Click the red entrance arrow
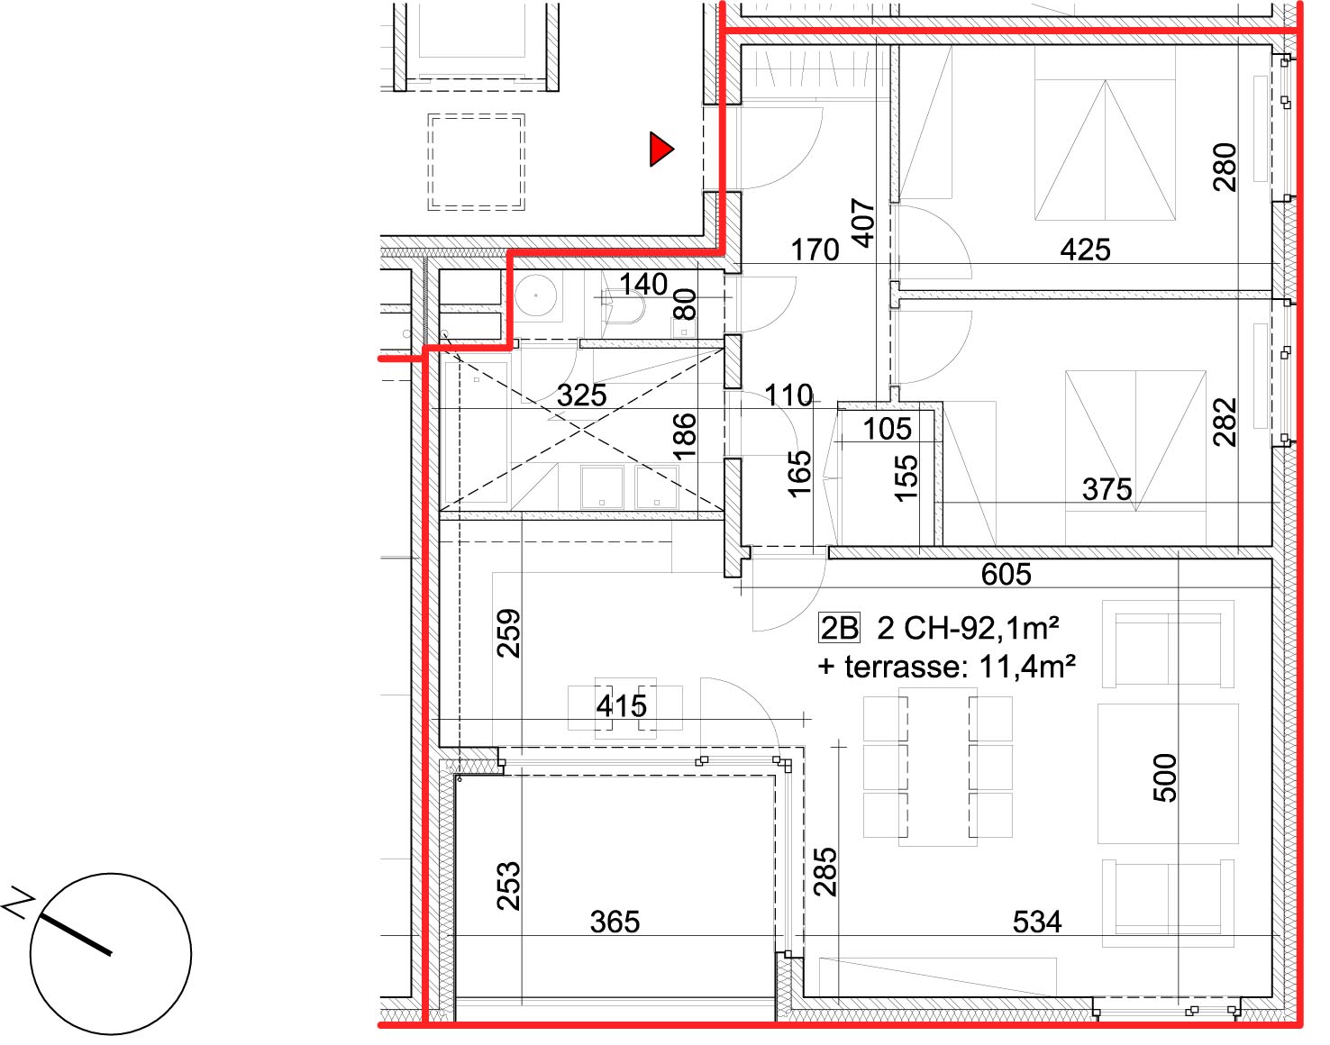[660, 149]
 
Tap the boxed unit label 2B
[839, 628]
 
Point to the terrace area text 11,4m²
[1027, 667]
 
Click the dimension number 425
[1085, 250]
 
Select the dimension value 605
[1006, 574]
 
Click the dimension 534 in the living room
[1037, 922]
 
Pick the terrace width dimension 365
[615, 922]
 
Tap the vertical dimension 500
[1165, 778]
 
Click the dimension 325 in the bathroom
[581, 395]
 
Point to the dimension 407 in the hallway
[863, 223]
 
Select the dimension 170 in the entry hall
[815, 250]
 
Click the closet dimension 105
[888, 429]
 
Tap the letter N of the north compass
[18, 903]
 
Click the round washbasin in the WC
[535, 295]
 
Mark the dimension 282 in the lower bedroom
[1225, 423]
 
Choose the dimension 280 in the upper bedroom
[1225, 167]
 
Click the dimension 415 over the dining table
[621, 705]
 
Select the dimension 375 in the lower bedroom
[1107, 489]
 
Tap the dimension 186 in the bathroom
[684, 437]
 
